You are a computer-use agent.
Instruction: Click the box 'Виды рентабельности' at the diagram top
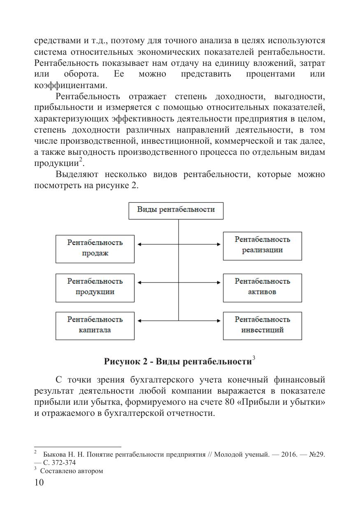pyautogui.click(x=176, y=210)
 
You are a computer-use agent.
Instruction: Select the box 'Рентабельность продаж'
pyautogui.click(x=95, y=248)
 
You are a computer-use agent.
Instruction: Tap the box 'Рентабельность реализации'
pyautogui.click(x=262, y=245)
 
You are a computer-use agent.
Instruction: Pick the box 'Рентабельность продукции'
pyautogui.click(x=95, y=287)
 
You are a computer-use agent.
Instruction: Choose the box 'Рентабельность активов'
pyautogui.click(x=262, y=287)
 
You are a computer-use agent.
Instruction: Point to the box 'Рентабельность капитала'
pyautogui.click(x=95, y=325)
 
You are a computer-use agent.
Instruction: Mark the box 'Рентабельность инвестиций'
pyautogui.click(x=262, y=325)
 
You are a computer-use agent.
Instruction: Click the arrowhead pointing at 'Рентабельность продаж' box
pyautogui.click(x=139, y=245)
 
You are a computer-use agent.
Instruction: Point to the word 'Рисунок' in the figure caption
pyautogui.click(x=121, y=362)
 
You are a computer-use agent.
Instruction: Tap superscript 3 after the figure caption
pyautogui.click(x=254, y=358)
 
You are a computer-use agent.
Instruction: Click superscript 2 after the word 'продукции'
pyautogui.click(x=81, y=159)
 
